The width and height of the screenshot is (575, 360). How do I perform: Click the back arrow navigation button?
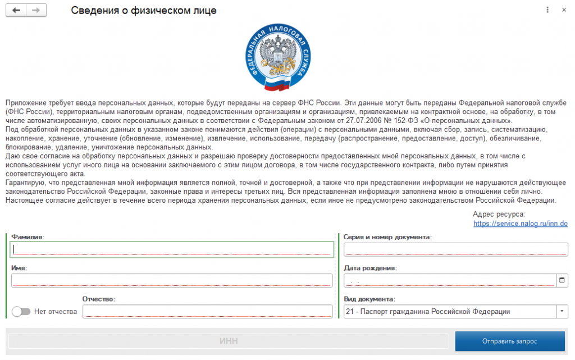(16, 11)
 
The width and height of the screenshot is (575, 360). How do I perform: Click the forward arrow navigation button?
(36, 11)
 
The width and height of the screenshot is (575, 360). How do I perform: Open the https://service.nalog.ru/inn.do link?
(521, 224)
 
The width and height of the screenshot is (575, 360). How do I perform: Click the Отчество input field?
(207, 312)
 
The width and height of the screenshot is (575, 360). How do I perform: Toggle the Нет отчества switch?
(21, 312)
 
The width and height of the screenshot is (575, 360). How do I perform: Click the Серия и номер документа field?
(455, 249)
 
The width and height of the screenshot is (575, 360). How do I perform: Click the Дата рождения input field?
(449, 280)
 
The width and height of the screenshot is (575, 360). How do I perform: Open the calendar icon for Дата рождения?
(562, 280)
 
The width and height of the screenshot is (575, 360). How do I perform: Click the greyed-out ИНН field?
(228, 341)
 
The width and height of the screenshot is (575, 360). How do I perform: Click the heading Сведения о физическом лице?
(143, 11)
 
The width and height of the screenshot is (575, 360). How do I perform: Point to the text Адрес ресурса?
(499, 214)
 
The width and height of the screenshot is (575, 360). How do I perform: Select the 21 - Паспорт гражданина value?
(428, 312)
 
